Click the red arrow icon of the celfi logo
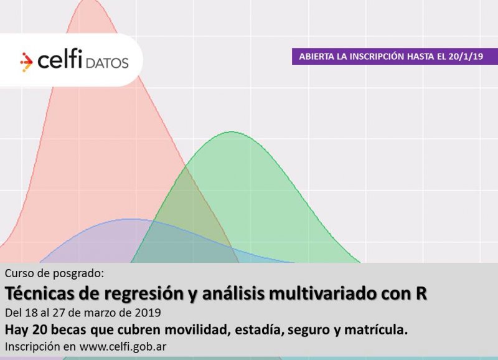click(x=26, y=62)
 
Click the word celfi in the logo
click(x=60, y=59)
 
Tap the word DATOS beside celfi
click(x=107, y=63)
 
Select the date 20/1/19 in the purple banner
click(x=466, y=57)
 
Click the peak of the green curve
click(x=232, y=131)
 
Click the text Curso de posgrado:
click(x=54, y=273)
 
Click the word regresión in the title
click(x=144, y=294)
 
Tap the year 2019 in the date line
click(x=148, y=313)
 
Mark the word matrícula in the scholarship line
click(x=376, y=330)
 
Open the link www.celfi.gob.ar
click(x=123, y=347)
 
